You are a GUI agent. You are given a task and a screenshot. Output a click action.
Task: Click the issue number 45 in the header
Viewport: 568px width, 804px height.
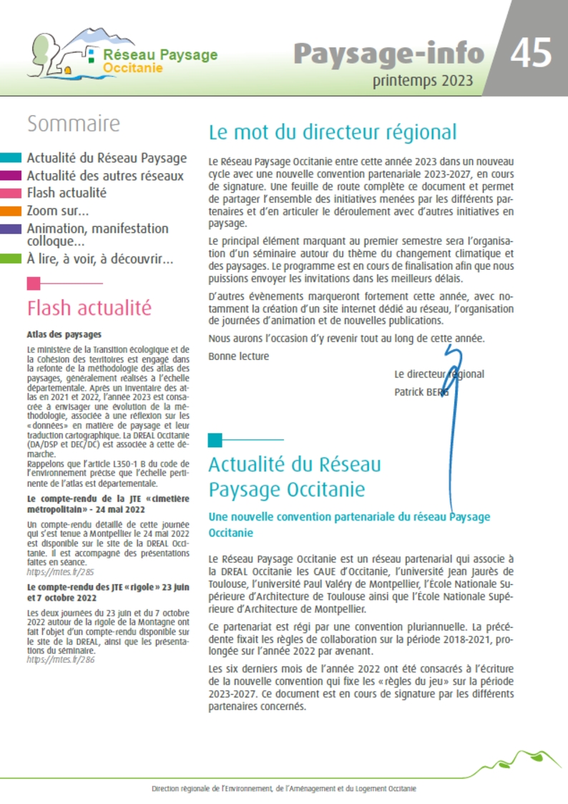[531, 53]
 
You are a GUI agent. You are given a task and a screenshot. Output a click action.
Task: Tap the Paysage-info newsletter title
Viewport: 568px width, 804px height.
[388, 53]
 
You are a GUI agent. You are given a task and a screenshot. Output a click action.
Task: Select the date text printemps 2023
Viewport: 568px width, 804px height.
[422, 81]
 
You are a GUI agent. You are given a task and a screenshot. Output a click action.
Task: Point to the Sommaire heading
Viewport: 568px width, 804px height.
[74, 124]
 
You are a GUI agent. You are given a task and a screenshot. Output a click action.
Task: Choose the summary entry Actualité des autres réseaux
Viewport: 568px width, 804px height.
[105, 175]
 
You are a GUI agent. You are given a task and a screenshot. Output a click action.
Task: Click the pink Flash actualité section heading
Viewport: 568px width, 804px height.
[89, 308]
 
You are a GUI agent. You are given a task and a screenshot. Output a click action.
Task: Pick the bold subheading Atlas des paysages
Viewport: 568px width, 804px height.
[64, 334]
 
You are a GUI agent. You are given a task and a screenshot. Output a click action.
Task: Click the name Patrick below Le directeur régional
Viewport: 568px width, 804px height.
[409, 392]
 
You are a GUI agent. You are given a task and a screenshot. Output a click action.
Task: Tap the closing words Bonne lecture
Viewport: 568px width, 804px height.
[239, 356]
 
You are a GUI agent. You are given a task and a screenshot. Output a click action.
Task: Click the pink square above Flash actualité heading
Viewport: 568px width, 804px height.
[34, 283]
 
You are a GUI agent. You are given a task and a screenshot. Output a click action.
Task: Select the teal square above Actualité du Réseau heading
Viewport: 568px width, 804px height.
[215, 440]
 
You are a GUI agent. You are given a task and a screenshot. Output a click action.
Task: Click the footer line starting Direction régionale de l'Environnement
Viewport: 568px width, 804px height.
[284, 788]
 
